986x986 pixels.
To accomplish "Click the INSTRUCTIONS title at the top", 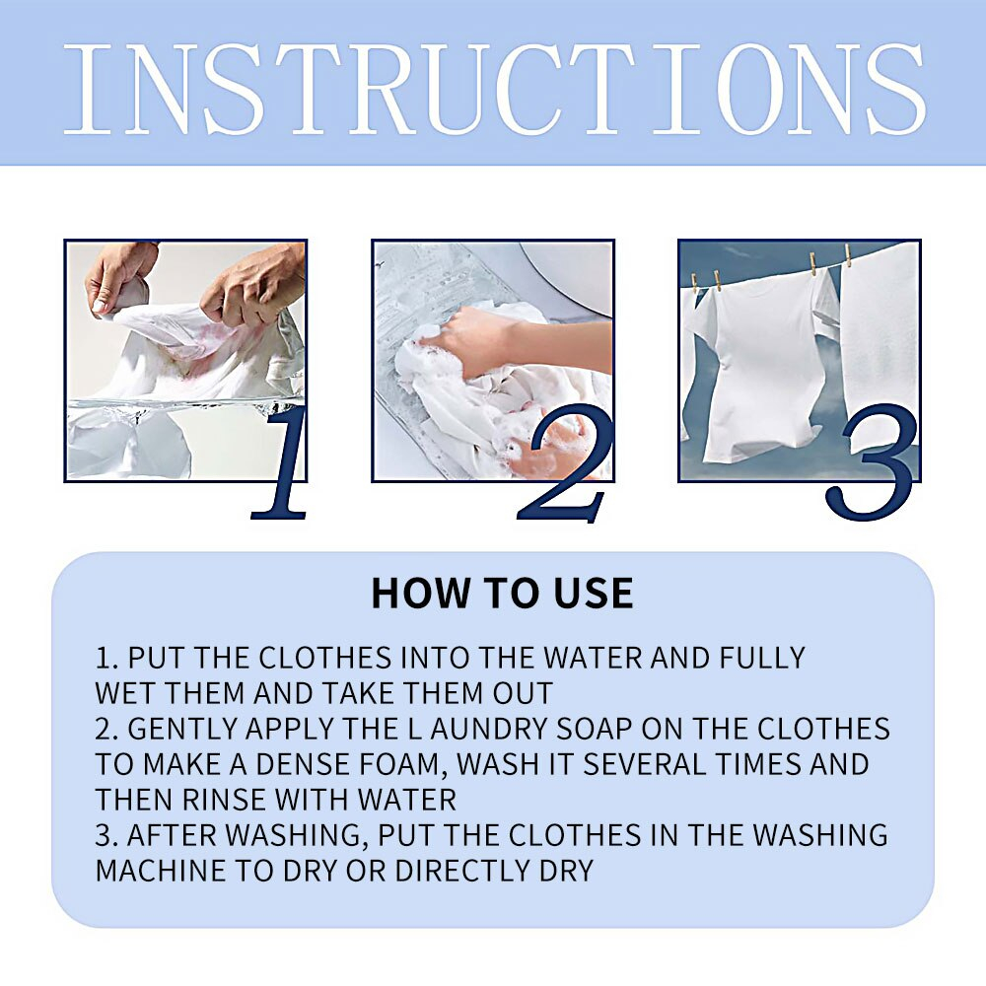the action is click(x=494, y=90).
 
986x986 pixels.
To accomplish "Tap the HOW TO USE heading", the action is click(x=502, y=593).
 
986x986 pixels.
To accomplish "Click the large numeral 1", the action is click(x=281, y=462).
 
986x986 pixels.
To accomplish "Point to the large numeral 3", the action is click(x=871, y=462).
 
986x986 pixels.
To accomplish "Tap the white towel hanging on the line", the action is click(x=880, y=339).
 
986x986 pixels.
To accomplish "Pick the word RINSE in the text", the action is click(x=224, y=800).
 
